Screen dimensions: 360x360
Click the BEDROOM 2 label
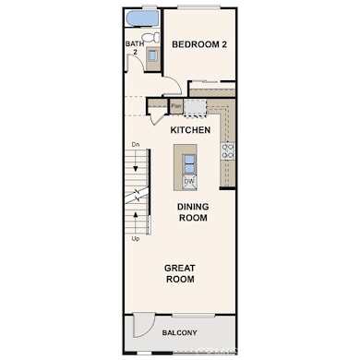point(199,43)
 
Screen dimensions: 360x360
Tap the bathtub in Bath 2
point(141,18)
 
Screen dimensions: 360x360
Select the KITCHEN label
point(191,130)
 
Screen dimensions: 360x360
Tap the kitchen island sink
point(189,162)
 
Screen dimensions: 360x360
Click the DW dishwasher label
point(189,182)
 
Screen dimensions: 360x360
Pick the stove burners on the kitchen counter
point(228,150)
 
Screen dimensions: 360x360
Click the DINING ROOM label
point(192,212)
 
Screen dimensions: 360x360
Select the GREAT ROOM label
point(179,273)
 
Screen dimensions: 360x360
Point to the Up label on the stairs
point(136,238)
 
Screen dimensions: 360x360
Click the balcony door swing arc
point(143,325)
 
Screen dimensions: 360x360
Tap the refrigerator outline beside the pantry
point(195,107)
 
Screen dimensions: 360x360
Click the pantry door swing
point(157,115)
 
